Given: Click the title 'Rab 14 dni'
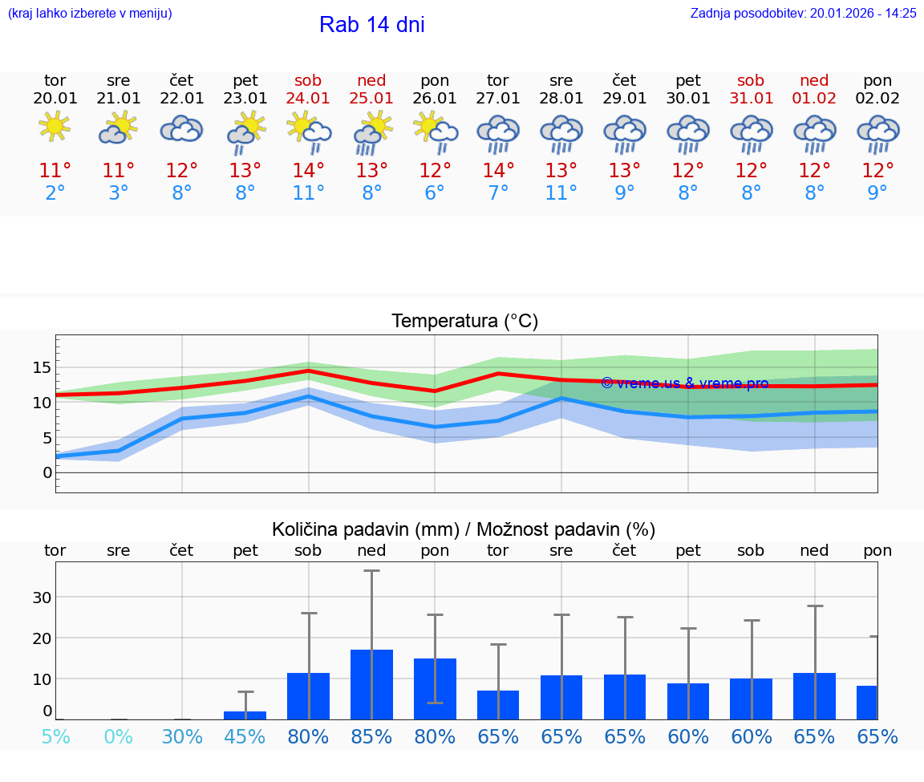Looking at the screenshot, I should click(371, 25).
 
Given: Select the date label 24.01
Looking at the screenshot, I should click(308, 98).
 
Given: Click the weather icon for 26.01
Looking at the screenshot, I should click(435, 130).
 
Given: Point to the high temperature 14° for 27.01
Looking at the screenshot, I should click(498, 170).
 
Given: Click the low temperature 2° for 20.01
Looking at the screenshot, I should click(55, 193).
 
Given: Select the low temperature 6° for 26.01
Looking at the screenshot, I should click(435, 193).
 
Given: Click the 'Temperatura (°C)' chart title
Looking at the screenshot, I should click(464, 321).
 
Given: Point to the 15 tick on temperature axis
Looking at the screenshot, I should click(42, 367).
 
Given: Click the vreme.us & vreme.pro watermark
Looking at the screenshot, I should click(684, 383).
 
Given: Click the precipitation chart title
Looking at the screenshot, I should click(463, 529).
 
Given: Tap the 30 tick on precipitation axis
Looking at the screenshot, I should click(42, 597).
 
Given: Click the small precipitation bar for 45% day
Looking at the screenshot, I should click(245, 715).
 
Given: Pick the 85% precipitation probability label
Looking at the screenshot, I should click(371, 736).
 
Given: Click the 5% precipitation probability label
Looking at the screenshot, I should click(55, 736).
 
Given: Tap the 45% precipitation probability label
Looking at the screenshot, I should click(245, 736).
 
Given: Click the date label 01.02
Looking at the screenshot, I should click(814, 98).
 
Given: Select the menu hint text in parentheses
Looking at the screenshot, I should click(89, 13).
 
